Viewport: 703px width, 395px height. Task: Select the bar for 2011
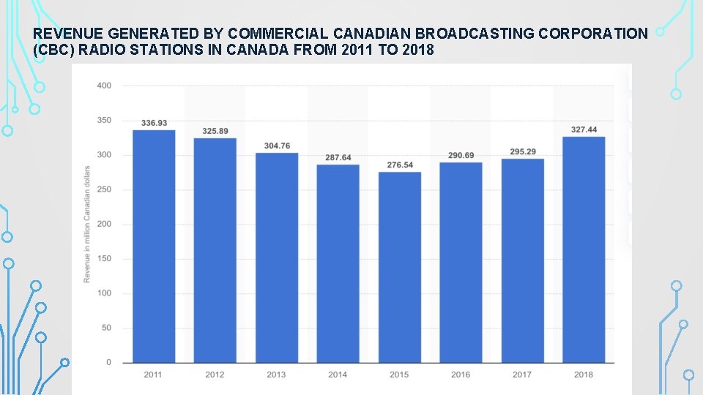click(154, 246)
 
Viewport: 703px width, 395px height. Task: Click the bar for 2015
click(400, 267)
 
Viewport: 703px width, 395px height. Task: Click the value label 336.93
click(154, 123)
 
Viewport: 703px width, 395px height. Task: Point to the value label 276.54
click(400, 165)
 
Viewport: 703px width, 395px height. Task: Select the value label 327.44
click(584, 129)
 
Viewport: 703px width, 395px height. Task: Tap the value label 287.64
click(338, 158)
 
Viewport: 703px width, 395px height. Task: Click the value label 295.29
click(523, 152)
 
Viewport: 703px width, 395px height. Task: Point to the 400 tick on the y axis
click(104, 86)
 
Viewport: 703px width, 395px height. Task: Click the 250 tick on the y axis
click(104, 189)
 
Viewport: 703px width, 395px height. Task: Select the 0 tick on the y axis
click(108, 363)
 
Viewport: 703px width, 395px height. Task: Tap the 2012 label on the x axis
click(215, 375)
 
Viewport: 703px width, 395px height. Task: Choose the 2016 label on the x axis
click(461, 375)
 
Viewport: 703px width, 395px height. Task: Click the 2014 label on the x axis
click(338, 375)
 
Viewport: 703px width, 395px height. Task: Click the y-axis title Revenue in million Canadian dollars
click(87, 224)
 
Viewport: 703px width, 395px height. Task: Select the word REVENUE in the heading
click(67, 34)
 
